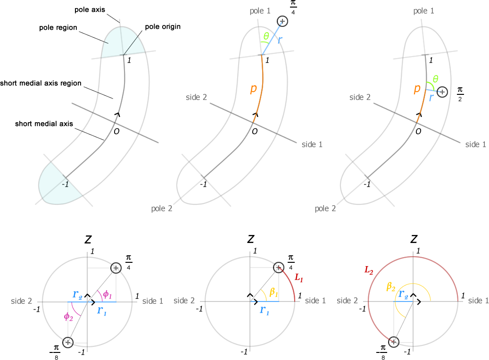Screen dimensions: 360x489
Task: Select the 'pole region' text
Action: (x=58, y=28)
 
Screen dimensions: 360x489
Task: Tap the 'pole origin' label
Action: (x=163, y=27)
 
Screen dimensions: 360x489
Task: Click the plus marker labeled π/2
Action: (x=442, y=92)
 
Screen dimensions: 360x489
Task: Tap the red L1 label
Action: (x=298, y=278)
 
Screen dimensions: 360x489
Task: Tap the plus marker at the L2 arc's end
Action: (x=393, y=342)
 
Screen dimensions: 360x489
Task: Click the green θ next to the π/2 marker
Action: (x=435, y=79)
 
